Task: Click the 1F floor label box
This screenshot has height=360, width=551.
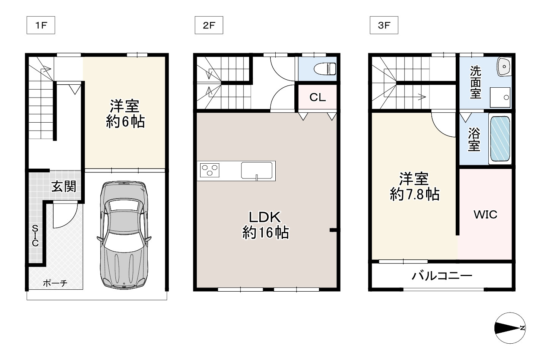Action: click(x=41, y=25)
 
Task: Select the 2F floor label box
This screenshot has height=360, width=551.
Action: click(x=208, y=25)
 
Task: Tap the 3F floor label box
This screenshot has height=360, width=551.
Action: click(x=384, y=25)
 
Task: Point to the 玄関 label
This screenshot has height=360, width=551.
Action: click(x=64, y=186)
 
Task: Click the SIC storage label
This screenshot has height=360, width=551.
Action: click(x=35, y=235)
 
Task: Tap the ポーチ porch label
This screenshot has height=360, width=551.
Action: click(x=55, y=283)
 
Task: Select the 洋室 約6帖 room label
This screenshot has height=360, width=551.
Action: click(x=125, y=114)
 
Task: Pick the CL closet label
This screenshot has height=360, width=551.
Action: click(x=317, y=98)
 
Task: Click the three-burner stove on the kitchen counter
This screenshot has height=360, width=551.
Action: click(x=210, y=169)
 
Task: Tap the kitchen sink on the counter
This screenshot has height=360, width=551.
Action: click(x=257, y=171)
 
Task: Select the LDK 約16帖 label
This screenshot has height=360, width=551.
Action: click(x=265, y=224)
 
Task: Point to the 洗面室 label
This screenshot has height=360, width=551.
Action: click(x=475, y=82)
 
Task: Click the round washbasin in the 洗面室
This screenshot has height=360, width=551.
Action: click(x=504, y=67)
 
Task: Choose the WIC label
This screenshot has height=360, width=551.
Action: click(x=485, y=215)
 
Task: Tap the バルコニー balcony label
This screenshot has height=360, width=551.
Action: click(x=442, y=275)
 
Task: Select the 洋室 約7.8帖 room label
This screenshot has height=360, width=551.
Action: click(x=414, y=186)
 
